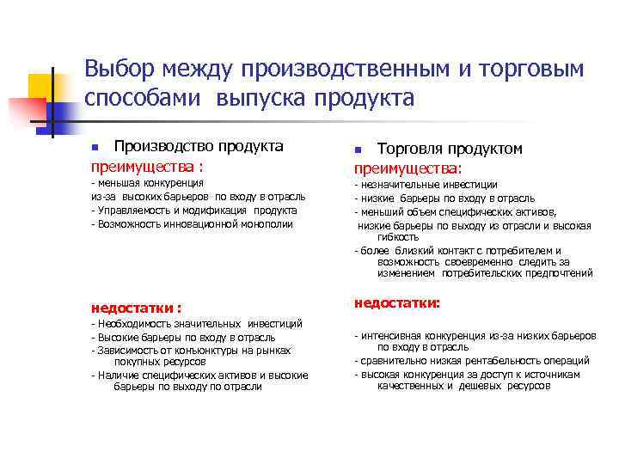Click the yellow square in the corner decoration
[43, 86]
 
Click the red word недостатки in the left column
[132, 307]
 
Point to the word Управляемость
[131, 210]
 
